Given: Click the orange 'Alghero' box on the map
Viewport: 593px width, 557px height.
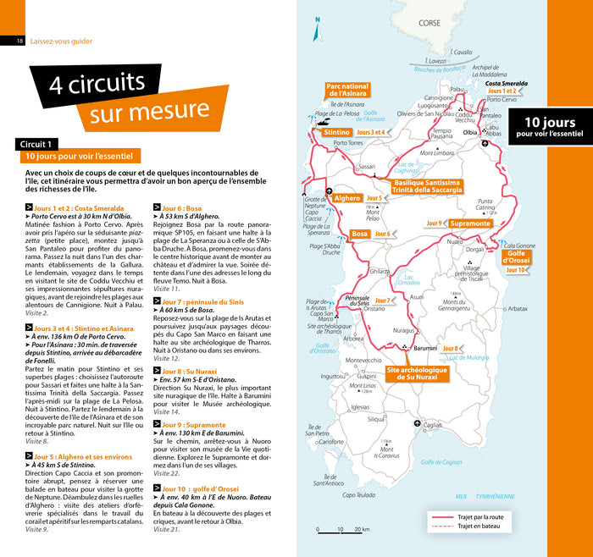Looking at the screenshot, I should (x=347, y=198).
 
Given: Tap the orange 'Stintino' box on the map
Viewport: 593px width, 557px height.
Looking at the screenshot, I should (x=336, y=133).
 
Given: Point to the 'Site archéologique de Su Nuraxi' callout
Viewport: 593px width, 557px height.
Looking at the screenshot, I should (x=418, y=373).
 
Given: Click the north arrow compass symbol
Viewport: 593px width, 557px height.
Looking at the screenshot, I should (x=317, y=30).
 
